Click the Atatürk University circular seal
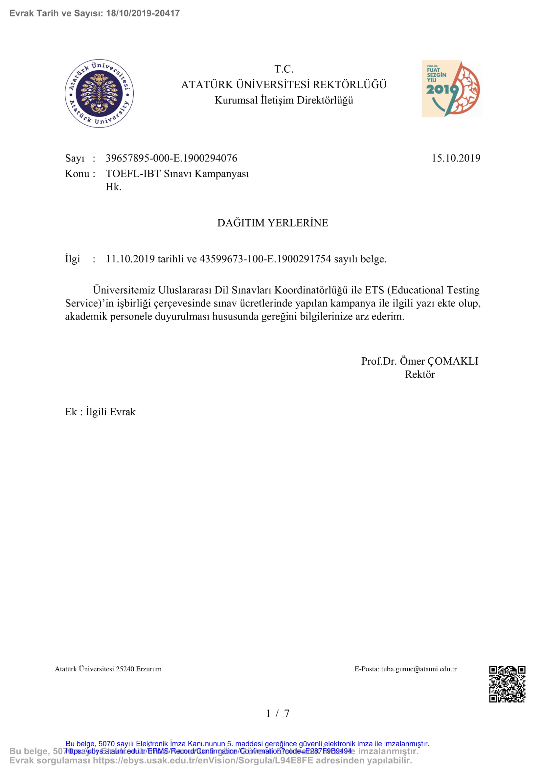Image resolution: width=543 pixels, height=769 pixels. [99, 93]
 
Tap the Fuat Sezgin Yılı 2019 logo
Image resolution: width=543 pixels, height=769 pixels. [452, 89]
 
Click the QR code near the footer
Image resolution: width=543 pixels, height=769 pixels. [507, 684]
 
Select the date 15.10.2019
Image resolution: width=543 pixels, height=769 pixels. [456, 158]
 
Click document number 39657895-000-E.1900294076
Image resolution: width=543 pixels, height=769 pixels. [171, 158]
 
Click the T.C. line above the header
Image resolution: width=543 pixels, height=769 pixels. [284, 69]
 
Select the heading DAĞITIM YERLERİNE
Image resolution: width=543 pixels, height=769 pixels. [273, 223]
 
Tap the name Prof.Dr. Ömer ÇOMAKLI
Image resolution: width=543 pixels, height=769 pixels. [419, 361]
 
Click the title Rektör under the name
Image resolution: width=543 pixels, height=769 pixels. [419, 374]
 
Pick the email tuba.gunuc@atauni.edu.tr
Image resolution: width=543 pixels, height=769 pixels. [419, 669]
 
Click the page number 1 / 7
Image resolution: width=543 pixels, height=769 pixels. [277, 713]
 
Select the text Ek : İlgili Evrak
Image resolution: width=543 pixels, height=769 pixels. [100, 412]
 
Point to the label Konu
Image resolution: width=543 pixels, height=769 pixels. [77, 174]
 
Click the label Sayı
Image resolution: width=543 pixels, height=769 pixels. [75, 158]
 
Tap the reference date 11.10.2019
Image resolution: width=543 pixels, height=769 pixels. [130, 259]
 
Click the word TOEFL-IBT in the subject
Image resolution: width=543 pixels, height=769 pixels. [133, 174]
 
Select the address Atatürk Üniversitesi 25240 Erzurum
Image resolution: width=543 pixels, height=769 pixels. [108, 669]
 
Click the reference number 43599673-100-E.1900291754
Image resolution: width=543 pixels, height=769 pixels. [265, 259]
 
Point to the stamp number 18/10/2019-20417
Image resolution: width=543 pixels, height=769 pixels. [143, 13]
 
